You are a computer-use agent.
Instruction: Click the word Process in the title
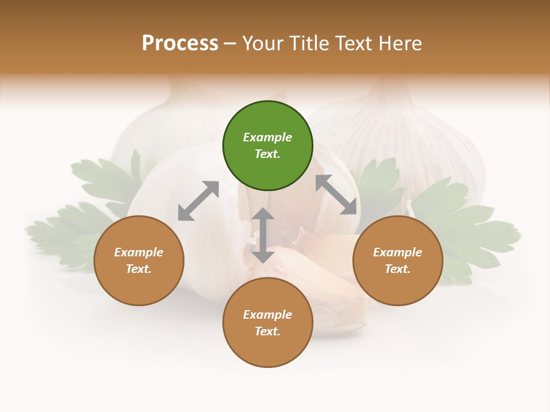[180, 43]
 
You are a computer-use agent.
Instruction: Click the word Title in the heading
[309, 43]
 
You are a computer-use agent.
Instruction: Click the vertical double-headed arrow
[263, 235]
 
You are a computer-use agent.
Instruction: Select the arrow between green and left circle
[198, 201]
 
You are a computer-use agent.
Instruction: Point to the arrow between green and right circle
[336, 195]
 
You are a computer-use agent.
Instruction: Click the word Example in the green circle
[268, 137]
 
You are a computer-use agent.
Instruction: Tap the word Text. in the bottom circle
[268, 331]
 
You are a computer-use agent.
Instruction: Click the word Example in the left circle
[139, 252]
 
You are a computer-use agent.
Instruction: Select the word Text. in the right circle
[398, 269]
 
